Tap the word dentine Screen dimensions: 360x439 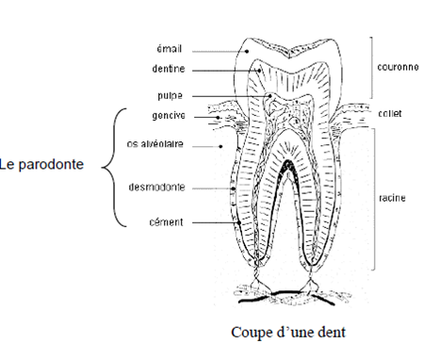pyautogui.click(x=166, y=68)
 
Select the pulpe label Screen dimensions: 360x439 pyautogui.click(x=170, y=95)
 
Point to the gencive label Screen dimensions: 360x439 pyautogui.click(x=167, y=116)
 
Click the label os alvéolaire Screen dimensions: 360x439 pyautogui.click(x=155, y=144)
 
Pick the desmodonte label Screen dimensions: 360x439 pyautogui.click(x=156, y=187)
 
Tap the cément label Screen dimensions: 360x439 pyautogui.click(x=166, y=222)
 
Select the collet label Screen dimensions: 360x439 pyautogui.click(x=390, y=114)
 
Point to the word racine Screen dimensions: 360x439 pyautogui.click(x=392, y=199)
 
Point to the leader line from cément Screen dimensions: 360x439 pyautogui.click(x=212, y=222)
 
